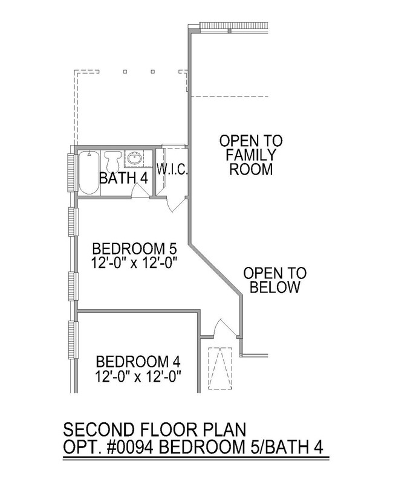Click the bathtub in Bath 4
point(89,173)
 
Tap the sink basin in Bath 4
point(135,158)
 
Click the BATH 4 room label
point(123,178)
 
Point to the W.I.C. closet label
point(172,170)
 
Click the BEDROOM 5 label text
point(135,249)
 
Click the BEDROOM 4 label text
point(138,362)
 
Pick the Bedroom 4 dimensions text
point(138,376)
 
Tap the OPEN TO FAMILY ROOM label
point(251,155)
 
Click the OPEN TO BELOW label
point(275,280)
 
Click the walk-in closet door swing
point(175,204)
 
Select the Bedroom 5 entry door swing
point(224,328)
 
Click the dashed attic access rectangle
point(220,368)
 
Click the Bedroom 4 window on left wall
point(72,340)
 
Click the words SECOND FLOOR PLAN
point(155,429)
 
